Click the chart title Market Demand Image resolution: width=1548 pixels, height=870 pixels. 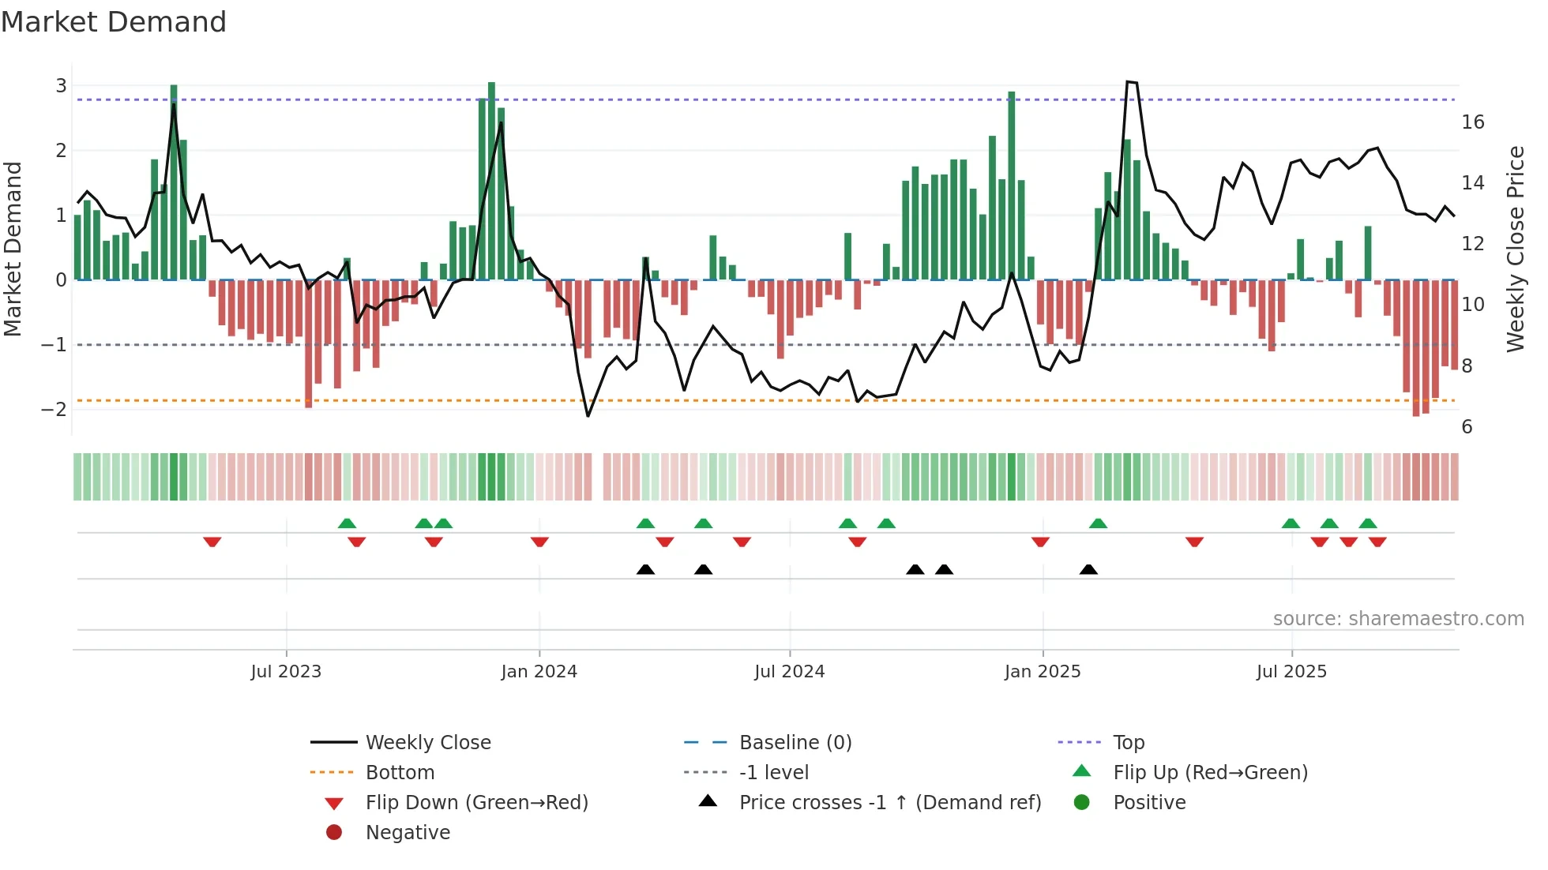(x=114, y=22)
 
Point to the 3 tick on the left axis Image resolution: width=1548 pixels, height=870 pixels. (x=61, y=85)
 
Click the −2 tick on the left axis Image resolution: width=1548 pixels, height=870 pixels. (x=54, y=409)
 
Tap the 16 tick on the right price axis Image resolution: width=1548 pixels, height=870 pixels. (x=1472, y=122)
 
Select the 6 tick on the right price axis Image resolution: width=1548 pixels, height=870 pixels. (x=1467, y=427)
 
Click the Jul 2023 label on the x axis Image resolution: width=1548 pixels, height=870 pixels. (x=286, y=672)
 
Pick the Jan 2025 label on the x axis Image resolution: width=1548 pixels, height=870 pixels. (x=1042, y=672)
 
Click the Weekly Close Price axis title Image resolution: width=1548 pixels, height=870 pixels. (x=1515, y=249)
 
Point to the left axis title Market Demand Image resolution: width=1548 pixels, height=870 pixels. (x=13, y=249)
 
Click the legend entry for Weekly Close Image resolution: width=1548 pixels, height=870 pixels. (x=427, y=743)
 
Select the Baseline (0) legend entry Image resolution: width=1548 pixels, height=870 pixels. (x=795, y=743)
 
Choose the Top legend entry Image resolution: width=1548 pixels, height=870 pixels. (x=1128, y=743)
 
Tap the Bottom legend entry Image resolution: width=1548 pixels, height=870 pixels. (x=400, y=773)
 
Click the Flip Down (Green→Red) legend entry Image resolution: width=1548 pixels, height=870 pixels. (x=476, y=803)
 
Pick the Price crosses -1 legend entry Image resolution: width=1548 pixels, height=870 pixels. (x=889, y=803)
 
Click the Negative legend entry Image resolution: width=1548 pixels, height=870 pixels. (x=408, y=833)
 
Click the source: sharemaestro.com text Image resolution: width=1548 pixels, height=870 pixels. (x=1398, y=619)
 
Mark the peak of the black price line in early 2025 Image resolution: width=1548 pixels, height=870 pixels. (x=1130, y=81)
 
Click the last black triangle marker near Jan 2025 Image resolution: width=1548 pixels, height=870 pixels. (x=1088, y=570)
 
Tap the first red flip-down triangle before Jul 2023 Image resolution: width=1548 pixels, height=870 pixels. (x=212, y=542)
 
